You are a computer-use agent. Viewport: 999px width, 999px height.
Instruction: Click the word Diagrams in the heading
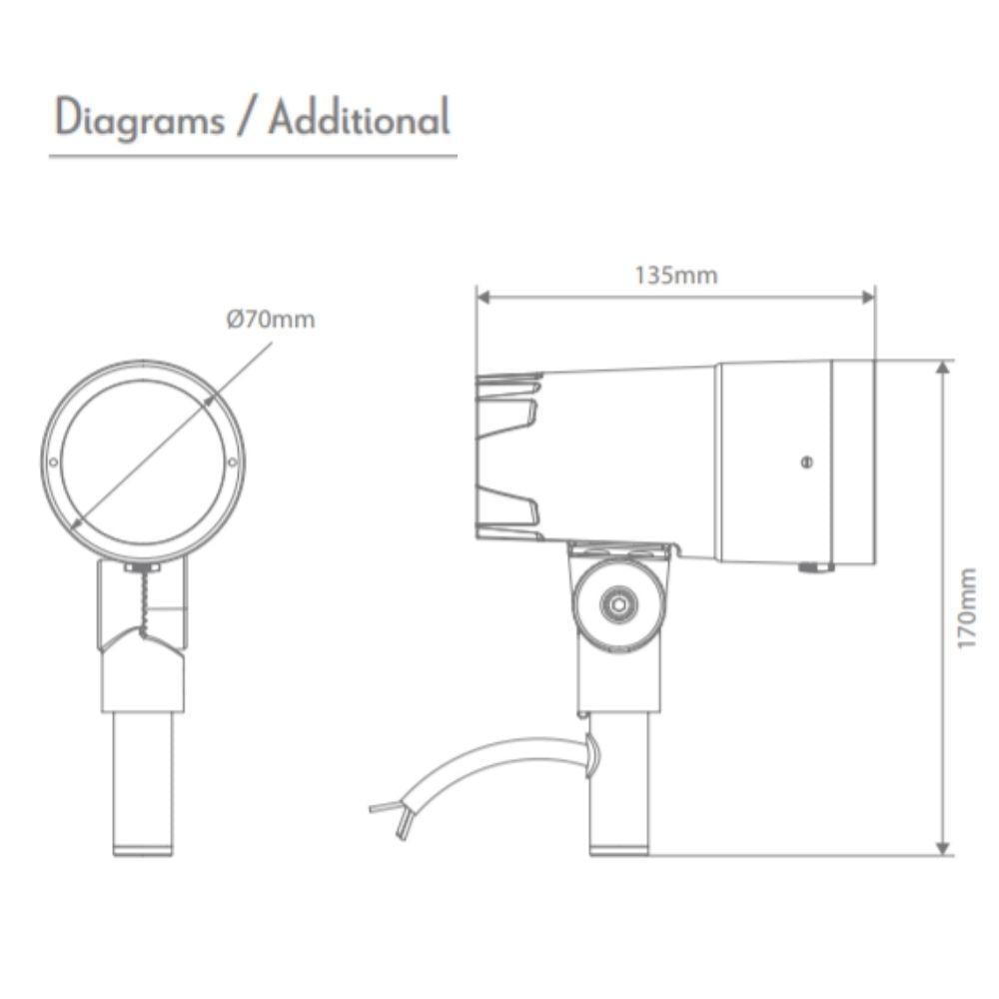click(x=139, y=119)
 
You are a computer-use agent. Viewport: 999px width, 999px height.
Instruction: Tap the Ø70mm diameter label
click(x=270, y=320)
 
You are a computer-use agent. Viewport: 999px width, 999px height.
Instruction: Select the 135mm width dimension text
click(x=676, y=275)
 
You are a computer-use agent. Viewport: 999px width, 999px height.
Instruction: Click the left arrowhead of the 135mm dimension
click(x=482, y=297)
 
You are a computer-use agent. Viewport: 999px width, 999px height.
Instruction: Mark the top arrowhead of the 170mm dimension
click(x=943, y=368)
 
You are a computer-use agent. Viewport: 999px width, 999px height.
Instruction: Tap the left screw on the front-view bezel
click(x=52, y=461)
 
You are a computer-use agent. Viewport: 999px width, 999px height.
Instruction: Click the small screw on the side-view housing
click(x=806, y=461)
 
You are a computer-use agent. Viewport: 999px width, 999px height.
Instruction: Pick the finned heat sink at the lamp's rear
click(x=509, y=455)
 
